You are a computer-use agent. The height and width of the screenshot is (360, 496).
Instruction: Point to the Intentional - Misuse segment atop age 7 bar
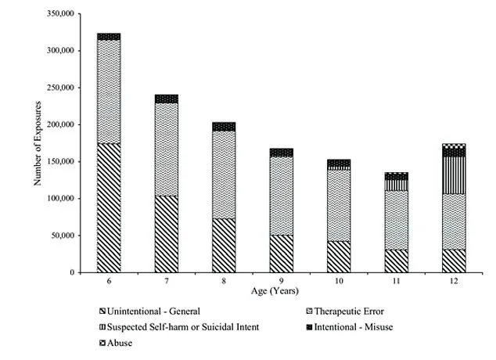click(166, 99)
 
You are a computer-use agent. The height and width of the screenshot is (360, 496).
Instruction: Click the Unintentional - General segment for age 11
click(396, 261)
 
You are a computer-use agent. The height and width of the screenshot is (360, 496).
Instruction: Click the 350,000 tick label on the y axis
click(61, 14)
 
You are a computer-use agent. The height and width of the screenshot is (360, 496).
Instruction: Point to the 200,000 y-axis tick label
click(61, 124)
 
